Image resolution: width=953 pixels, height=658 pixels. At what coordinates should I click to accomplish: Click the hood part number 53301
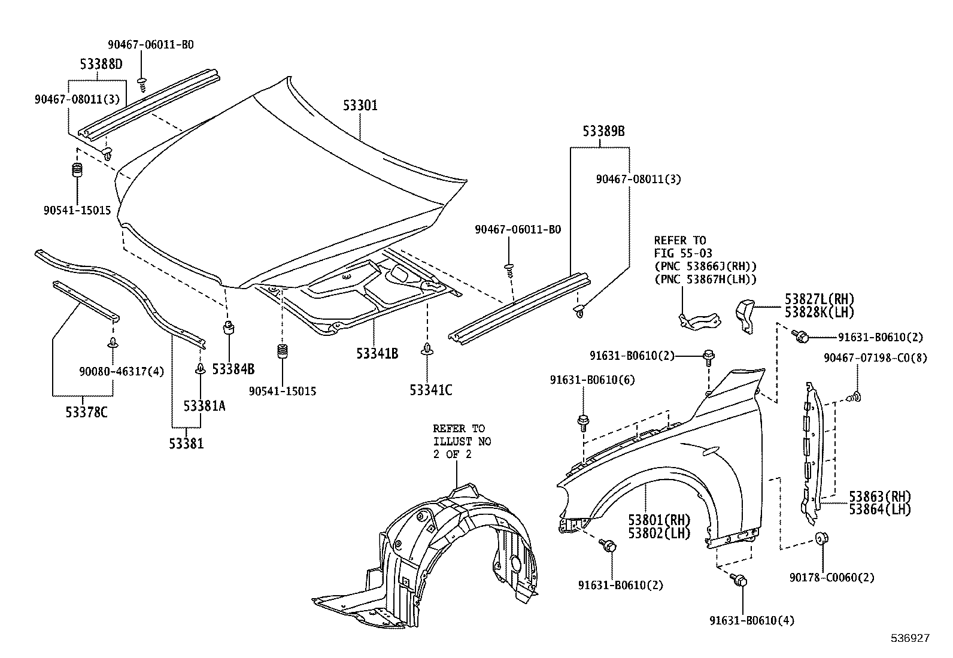360,106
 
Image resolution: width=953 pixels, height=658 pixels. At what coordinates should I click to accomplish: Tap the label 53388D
101,63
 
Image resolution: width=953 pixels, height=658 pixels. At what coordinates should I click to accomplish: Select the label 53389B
604,132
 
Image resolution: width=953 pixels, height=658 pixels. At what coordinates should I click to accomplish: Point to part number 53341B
377,354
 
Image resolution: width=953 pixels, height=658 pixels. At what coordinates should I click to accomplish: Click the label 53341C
431,390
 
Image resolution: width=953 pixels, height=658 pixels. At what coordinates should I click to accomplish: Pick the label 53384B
233,369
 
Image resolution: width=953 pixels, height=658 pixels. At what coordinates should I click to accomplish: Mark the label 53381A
204,407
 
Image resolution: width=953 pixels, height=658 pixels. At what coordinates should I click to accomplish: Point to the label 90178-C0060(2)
831,578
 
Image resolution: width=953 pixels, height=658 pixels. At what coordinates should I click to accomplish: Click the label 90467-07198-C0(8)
875,357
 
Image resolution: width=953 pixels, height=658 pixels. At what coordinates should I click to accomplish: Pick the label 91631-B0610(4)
752,620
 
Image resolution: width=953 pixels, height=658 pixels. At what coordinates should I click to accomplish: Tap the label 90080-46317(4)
122,372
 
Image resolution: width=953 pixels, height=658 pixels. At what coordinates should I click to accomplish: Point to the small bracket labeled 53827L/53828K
743,315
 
